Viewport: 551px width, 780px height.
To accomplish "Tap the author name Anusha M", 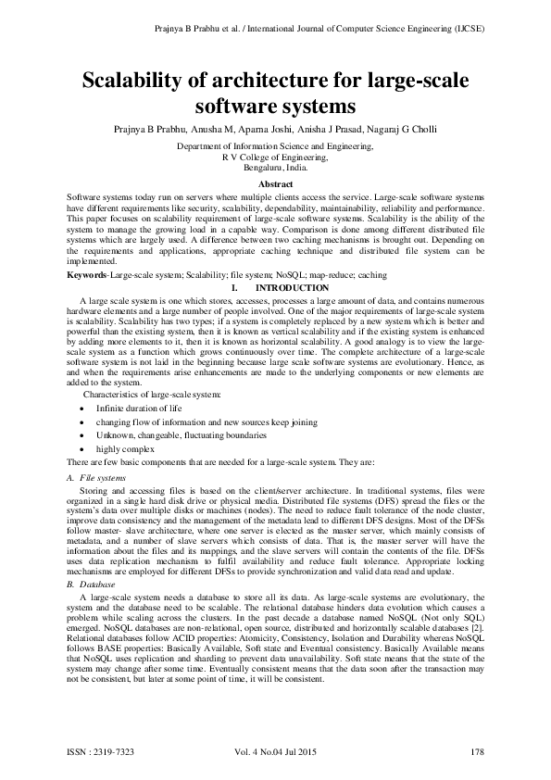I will [x=214, y=129].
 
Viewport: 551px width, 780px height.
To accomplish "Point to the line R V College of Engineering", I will [x=275, y=157].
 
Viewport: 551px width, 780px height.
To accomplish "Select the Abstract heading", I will [x=275, y=185].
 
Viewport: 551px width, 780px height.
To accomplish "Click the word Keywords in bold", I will [x=88, y=276].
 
